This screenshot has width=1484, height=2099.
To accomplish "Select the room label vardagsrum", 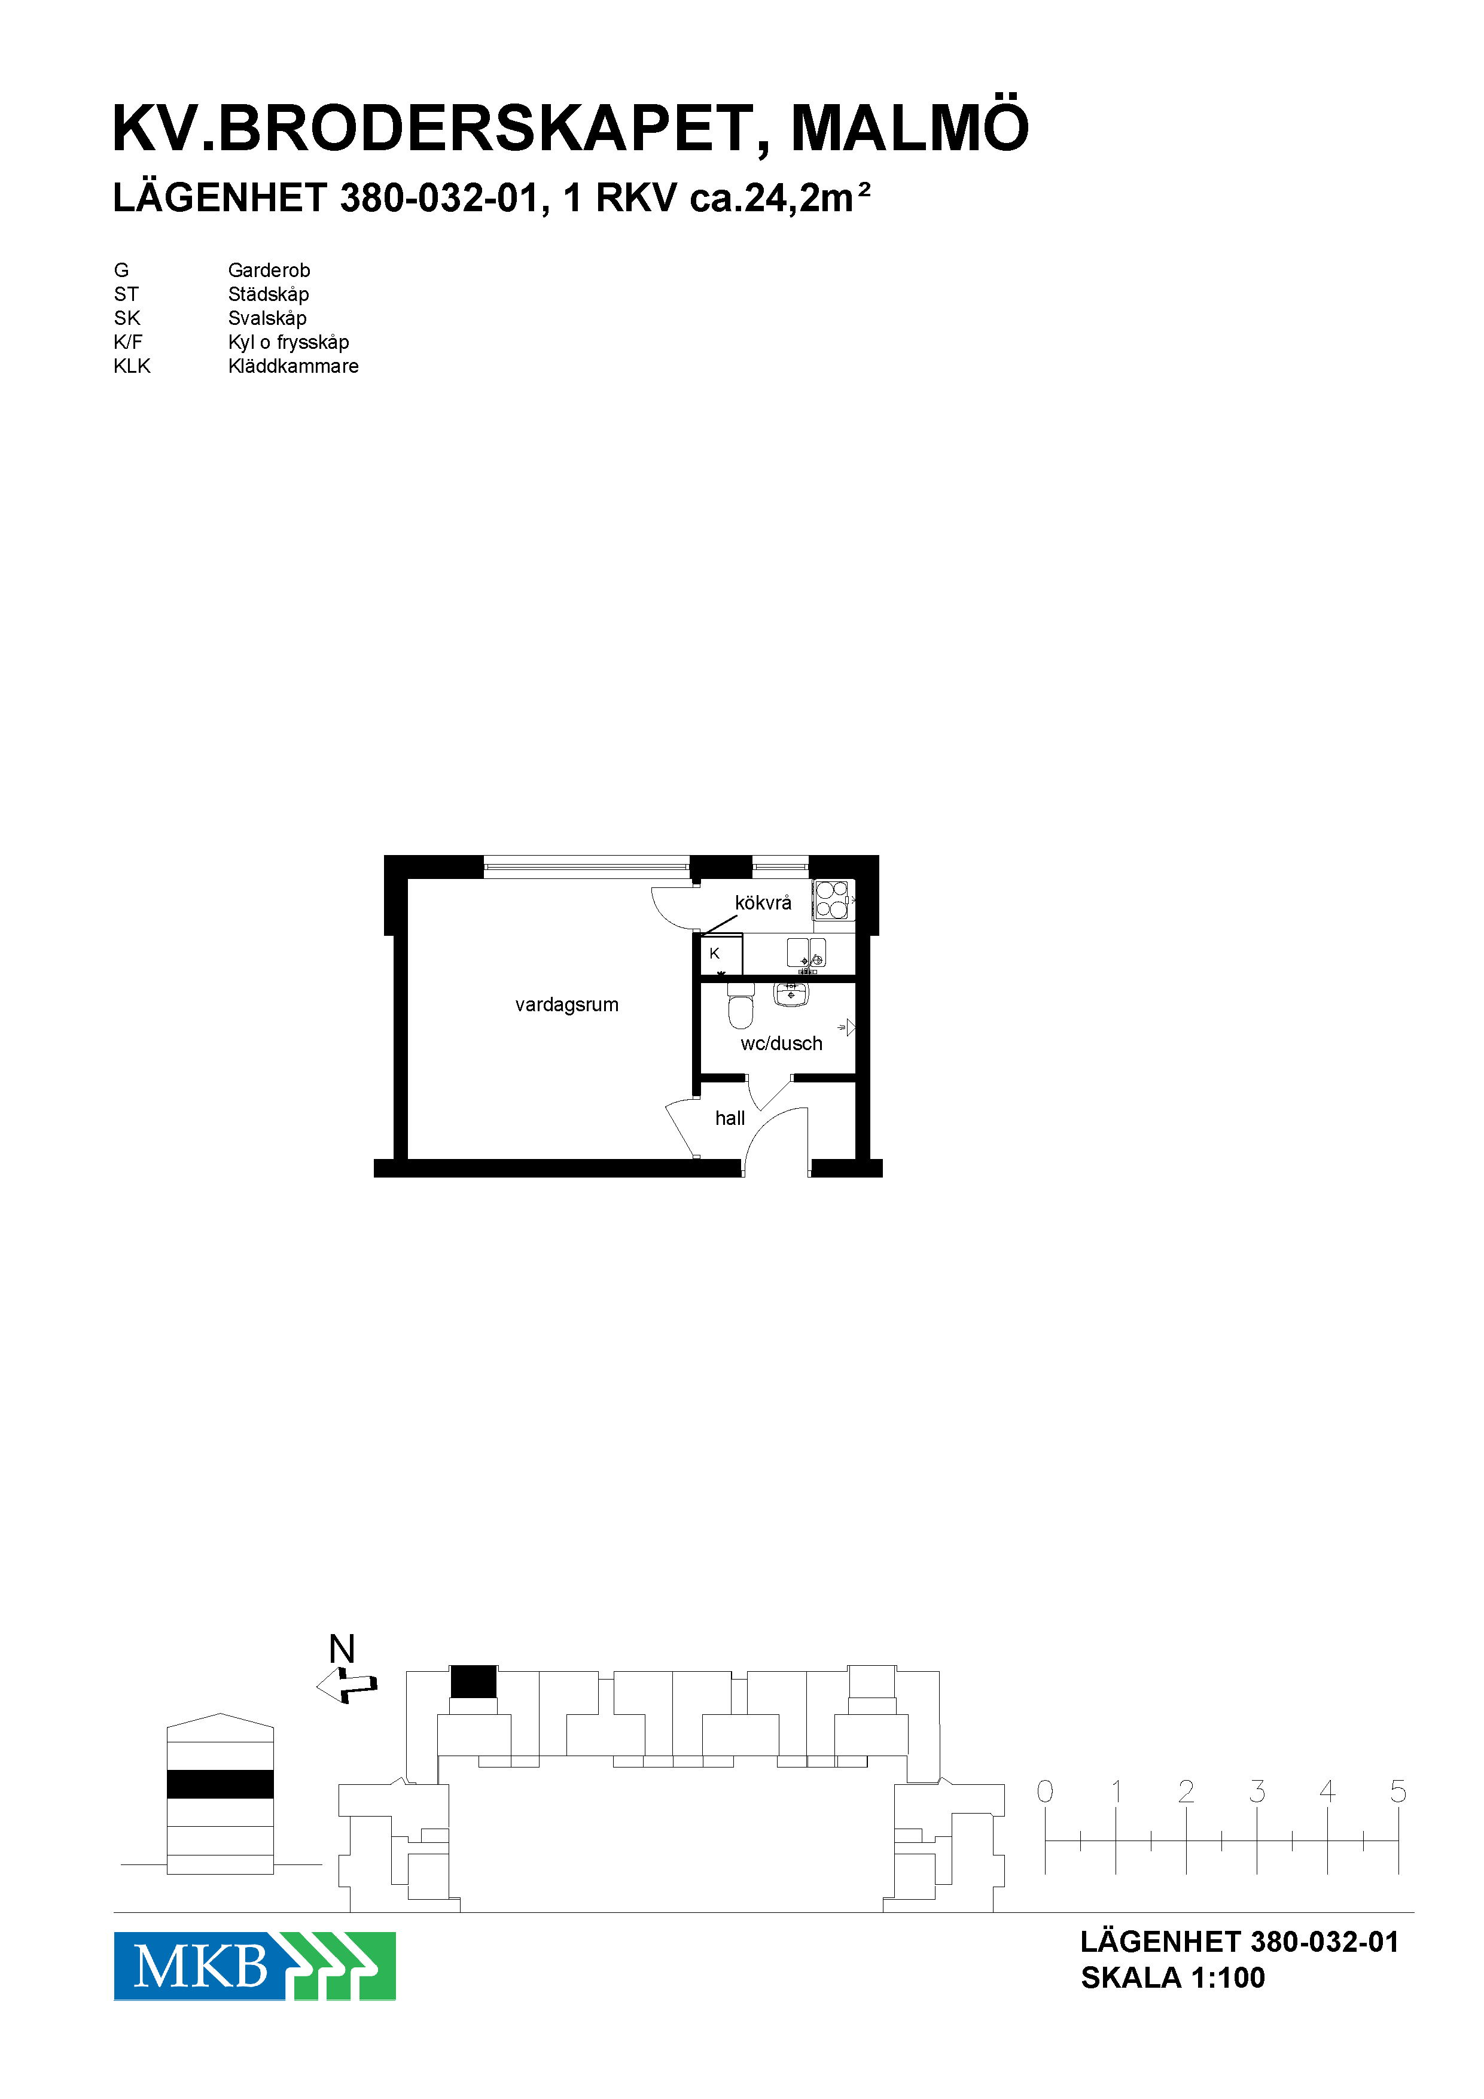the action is click(566, 1005).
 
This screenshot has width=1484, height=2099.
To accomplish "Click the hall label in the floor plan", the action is click(730, 1118).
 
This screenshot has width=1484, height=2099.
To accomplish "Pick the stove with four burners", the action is click(831, 899).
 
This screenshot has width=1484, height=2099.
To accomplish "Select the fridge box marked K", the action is click(721, 954).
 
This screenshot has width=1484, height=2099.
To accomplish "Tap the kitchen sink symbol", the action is click(806, 954).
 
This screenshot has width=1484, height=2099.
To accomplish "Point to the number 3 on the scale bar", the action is click(1257, 1791).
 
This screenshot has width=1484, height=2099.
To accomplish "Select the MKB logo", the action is click(254, 1966).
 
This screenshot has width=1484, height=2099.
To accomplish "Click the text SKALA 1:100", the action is click(1172, 1978).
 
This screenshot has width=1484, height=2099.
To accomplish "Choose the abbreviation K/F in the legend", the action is click(128, 342).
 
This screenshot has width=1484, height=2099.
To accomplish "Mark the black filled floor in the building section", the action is click(220, 1784).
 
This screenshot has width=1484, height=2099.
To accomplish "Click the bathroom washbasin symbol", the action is click(790, 994).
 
